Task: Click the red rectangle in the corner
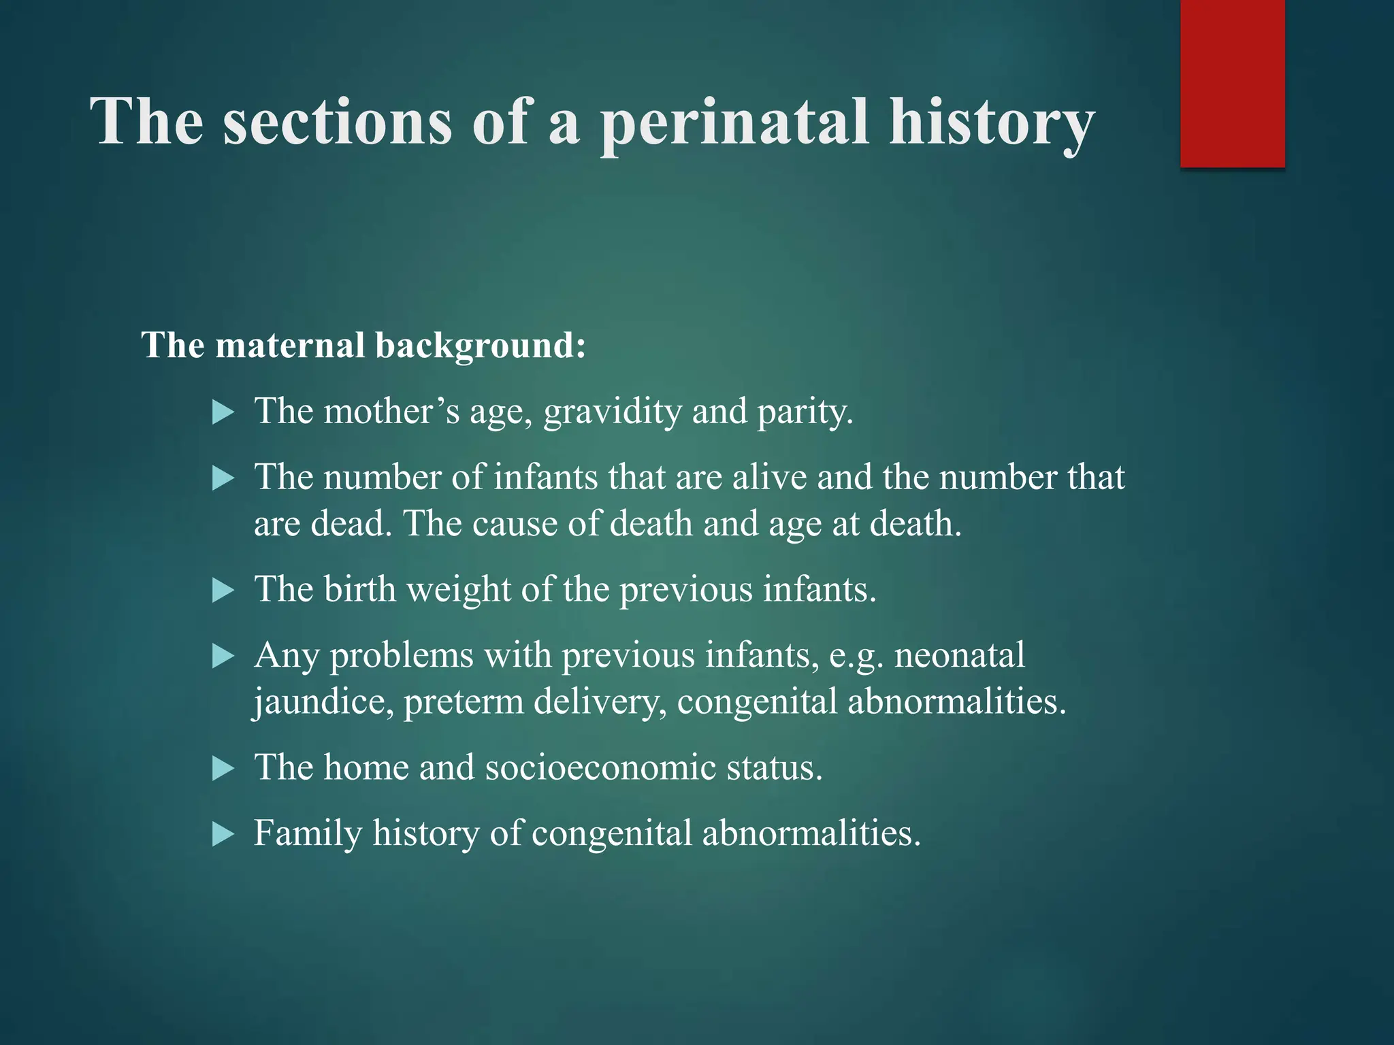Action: (x=1232, y=83)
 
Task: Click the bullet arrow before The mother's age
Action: (x=223, y=412)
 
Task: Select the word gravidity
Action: (x=612, y=412)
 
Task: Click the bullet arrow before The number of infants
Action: (x=223, y=478)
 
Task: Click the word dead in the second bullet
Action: (x=351, y=524)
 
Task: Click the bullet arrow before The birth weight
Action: (x=223, y=590)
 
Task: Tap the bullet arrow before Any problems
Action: (x=223, y=657)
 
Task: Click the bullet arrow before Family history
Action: (x=223, y=833)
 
